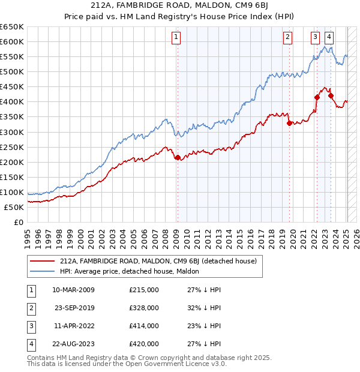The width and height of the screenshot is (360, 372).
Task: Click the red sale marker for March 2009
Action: [177, 158]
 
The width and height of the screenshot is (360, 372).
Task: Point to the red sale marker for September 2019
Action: [289, 124]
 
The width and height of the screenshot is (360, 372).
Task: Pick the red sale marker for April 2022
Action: [317, 97]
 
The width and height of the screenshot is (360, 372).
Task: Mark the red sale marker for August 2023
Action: [331, 95]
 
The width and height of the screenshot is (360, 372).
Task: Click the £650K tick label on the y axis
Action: [12, 27]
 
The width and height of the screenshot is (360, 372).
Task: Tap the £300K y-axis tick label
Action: [12, 132]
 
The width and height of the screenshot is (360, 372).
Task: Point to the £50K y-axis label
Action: [14, 207]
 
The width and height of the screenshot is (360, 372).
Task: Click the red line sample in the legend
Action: [42, 261]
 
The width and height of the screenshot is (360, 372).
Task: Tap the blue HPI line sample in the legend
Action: [42, 271]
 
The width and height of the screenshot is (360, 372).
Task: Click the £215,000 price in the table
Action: [144, 290]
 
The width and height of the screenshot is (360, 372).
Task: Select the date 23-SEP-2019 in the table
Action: [73, 308]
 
